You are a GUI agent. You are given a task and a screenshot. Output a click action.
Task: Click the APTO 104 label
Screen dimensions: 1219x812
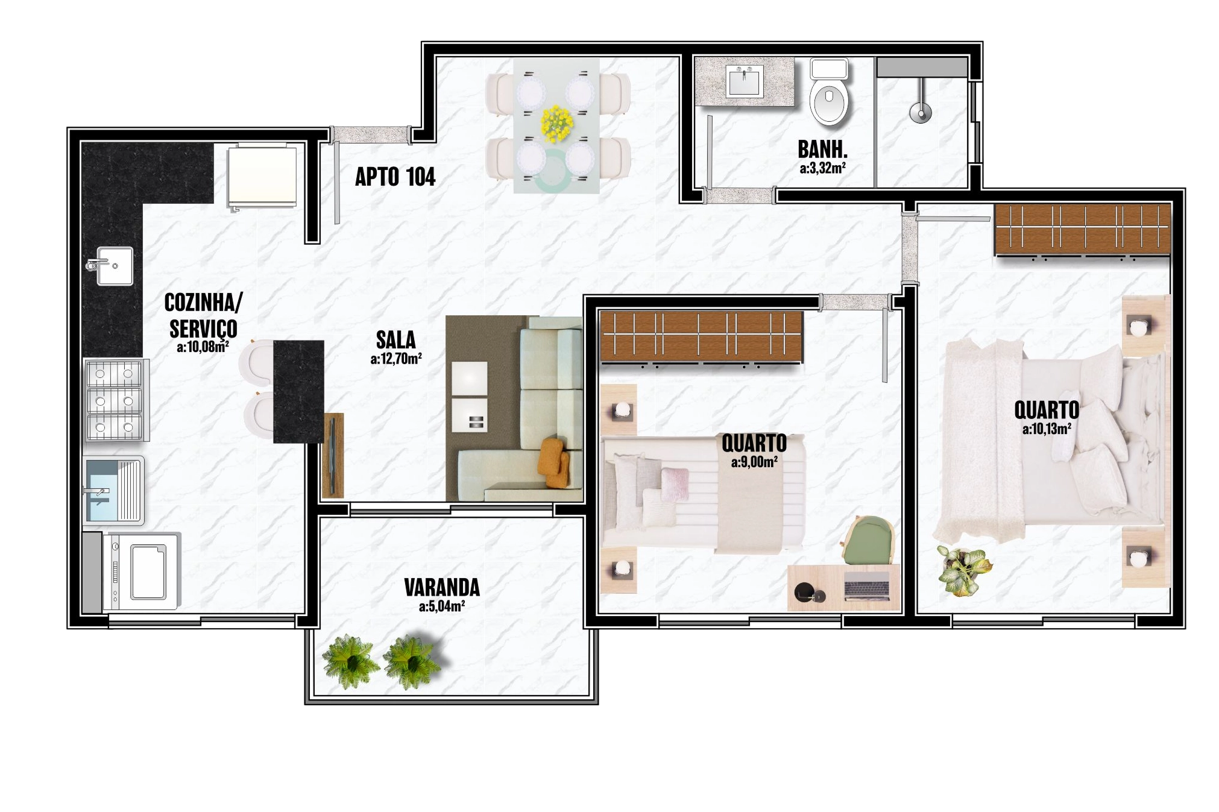pyautogui.click(x=395, y=177)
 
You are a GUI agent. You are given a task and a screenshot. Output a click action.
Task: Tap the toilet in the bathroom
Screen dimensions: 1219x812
pyautogui.click(x=830, y=92)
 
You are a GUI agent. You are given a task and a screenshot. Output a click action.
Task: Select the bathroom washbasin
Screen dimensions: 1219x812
pyautogui.click(x=745, y=82)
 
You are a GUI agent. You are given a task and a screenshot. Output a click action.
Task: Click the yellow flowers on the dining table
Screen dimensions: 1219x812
pyautogui.click(x=556, y=124)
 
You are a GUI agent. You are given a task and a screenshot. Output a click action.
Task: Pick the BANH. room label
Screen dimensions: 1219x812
pyautogui.click(x=822, y=149)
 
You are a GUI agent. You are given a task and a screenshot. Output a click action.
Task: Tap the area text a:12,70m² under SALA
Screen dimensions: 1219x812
pyautogui.click(x=395, y=359)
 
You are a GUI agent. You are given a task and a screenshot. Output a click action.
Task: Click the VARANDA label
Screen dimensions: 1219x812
pyautogui.click(x=442, y=587)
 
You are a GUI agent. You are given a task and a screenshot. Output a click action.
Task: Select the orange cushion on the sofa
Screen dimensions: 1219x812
pyautogui.click(x=555, y=462)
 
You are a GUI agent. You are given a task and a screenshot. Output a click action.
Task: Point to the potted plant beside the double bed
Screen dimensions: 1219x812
pyautogui.click(x=963, y=569)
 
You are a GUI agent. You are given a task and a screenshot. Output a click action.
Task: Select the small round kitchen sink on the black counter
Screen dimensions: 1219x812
pyautogui.click(x=111, y=265)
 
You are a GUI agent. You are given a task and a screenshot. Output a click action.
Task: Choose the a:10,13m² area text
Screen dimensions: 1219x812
pyautogui.click(x=1047, y=429)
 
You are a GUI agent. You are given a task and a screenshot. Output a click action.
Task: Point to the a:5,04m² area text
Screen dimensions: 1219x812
pyautogui.click(x=442, y=606)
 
